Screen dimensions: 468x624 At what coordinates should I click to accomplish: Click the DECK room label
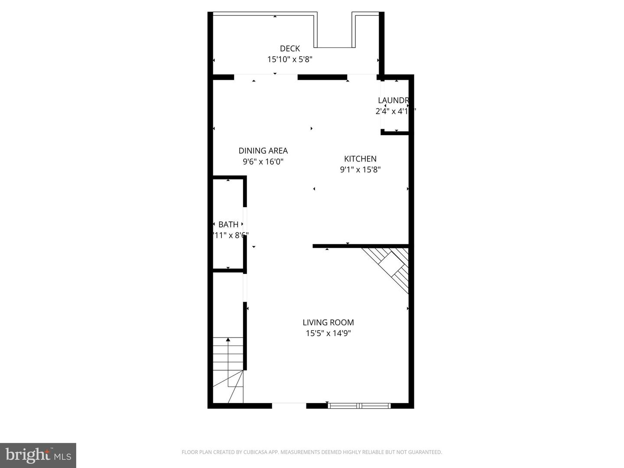tap(289, 49)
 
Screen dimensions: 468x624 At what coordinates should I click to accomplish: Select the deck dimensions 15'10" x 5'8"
tap(289, 59)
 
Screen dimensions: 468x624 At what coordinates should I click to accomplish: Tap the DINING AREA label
tap(263, 151)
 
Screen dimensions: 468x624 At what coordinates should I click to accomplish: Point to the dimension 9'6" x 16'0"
tap(263, 162)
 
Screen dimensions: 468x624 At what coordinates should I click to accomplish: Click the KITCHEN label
tap(360, 159)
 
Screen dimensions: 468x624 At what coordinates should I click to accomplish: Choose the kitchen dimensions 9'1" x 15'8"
tap(360, 169)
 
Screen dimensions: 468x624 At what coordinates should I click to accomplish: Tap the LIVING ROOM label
tap(328, 322)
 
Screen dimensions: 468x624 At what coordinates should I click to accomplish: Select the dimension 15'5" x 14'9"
tap(328, 333)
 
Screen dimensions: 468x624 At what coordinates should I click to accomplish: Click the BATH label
tap(228, 224)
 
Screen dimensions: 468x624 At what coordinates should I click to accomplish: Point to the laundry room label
tap(393, 101)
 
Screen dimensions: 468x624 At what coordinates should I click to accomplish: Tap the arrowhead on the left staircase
tap(228, 340)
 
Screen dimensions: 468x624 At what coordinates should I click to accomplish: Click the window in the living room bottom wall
tap(359, 406)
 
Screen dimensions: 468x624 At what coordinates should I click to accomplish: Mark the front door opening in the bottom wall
tap(289, 406)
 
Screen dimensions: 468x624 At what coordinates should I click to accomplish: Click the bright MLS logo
tap(38, 455)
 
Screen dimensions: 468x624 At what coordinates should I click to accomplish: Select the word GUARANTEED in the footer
tap(426, 452)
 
